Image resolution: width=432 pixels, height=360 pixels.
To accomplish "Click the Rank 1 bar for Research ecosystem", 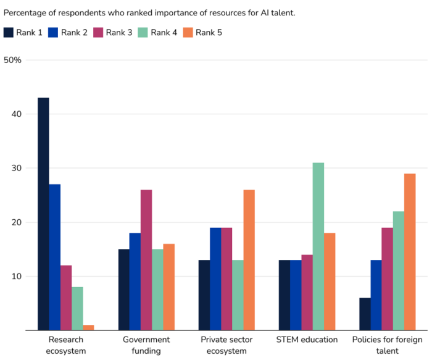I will (x=43, y=214).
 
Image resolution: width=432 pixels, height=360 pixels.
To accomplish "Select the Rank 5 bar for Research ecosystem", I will (x=88, y=327).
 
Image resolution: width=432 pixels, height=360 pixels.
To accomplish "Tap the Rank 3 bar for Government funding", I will (x=146, y=260).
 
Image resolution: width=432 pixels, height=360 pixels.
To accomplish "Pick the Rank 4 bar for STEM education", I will (x=318, y=246).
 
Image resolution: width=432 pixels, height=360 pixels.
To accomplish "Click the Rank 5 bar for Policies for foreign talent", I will (x=410, y=252).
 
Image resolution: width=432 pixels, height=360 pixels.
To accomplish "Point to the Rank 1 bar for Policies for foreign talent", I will (x=365, y=314).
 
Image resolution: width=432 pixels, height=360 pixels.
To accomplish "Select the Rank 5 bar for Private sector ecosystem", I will (x=249, y=260).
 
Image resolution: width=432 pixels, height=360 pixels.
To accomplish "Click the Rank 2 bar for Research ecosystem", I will (x=54, y=257).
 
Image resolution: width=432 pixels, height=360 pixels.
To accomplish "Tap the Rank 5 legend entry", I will (x=202, y=32).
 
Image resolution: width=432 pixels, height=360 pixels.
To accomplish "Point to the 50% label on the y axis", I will (x=13, y=60).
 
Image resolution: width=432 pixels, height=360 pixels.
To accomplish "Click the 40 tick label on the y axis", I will (x=17, y=114).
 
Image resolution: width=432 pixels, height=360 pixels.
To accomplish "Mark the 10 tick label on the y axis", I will (x=17, y=276).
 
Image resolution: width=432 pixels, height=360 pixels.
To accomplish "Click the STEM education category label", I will (x=307, y=340).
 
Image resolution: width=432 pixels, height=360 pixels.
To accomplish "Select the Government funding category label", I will (x=146, y=345).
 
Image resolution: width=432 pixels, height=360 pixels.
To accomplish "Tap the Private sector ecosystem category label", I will (x=226, y=345).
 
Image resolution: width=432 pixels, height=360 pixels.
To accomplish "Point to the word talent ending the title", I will (x=282, y=12).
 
